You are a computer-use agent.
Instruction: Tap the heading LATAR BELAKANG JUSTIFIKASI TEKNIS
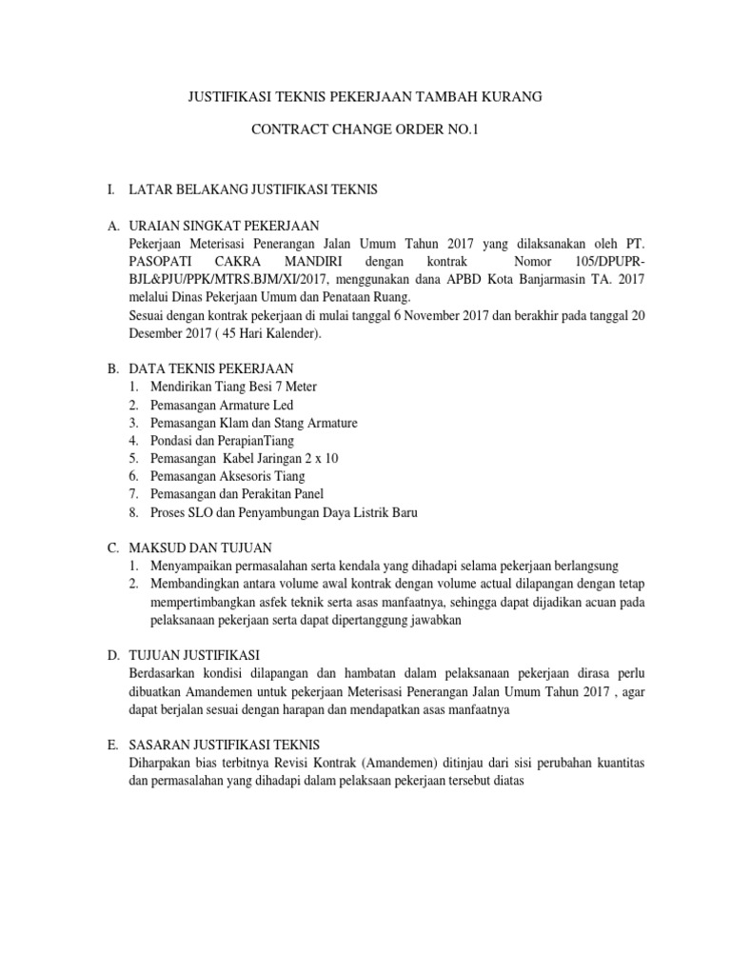pos(260,190)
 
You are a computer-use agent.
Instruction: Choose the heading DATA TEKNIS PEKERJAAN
pos(224,368)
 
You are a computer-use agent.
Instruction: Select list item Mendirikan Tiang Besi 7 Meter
pos(233,387)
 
